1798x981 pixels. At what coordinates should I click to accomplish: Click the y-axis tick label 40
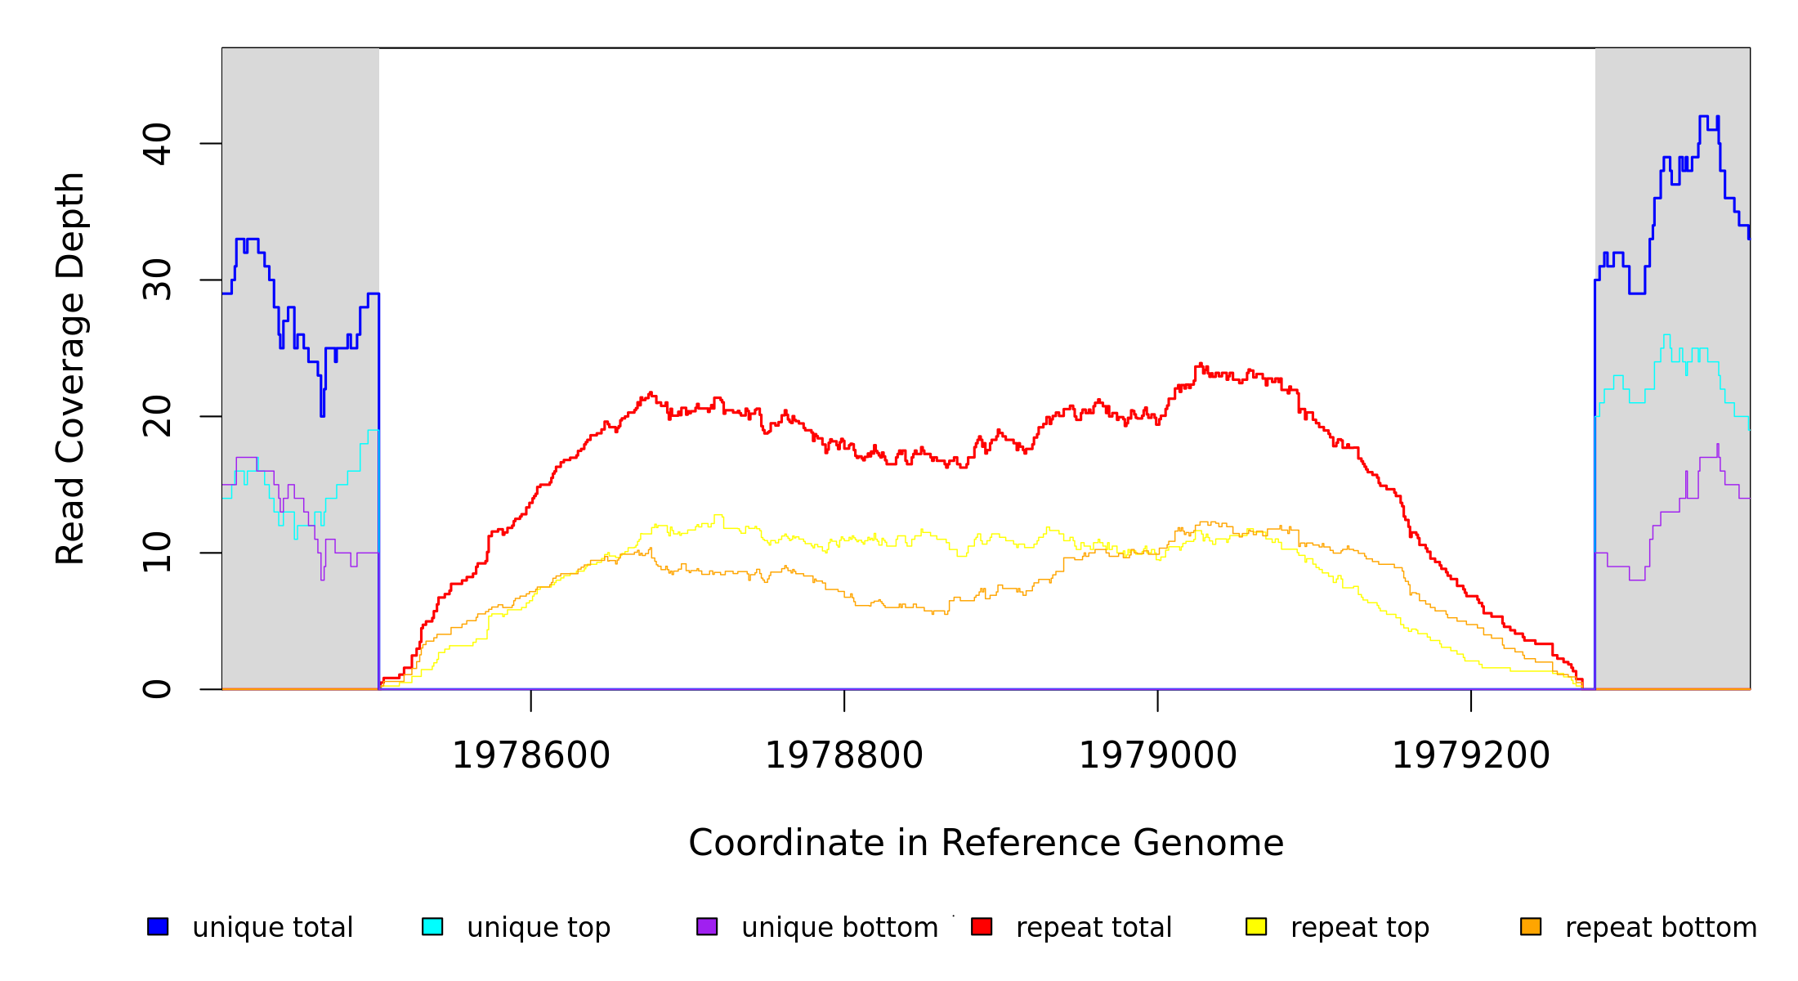157,144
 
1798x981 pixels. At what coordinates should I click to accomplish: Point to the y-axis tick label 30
157,280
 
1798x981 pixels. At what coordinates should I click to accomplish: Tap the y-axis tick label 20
157,416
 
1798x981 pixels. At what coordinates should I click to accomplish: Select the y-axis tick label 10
157,553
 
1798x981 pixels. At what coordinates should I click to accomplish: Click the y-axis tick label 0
157,689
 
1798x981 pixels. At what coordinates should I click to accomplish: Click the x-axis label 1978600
531,756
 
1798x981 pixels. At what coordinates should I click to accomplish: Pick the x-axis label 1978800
844,756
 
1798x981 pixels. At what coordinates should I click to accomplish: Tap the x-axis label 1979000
1158,756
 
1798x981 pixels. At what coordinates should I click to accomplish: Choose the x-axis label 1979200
1471,756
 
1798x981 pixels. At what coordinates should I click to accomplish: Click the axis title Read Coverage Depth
70,368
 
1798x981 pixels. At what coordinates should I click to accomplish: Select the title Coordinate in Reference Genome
986,844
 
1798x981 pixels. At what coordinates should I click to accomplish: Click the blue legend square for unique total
158,926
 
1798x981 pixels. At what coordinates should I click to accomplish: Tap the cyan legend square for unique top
432,926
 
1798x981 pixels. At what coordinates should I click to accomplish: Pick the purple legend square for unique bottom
707,926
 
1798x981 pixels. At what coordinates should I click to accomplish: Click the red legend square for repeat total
982,926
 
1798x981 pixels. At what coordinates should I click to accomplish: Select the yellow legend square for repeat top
1256,926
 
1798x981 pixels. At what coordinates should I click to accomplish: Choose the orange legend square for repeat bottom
1531,926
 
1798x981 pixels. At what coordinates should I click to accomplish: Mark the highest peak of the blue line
1703,117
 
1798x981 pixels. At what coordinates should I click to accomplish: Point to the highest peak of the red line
1200,364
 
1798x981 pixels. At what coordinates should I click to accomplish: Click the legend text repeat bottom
1661,928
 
